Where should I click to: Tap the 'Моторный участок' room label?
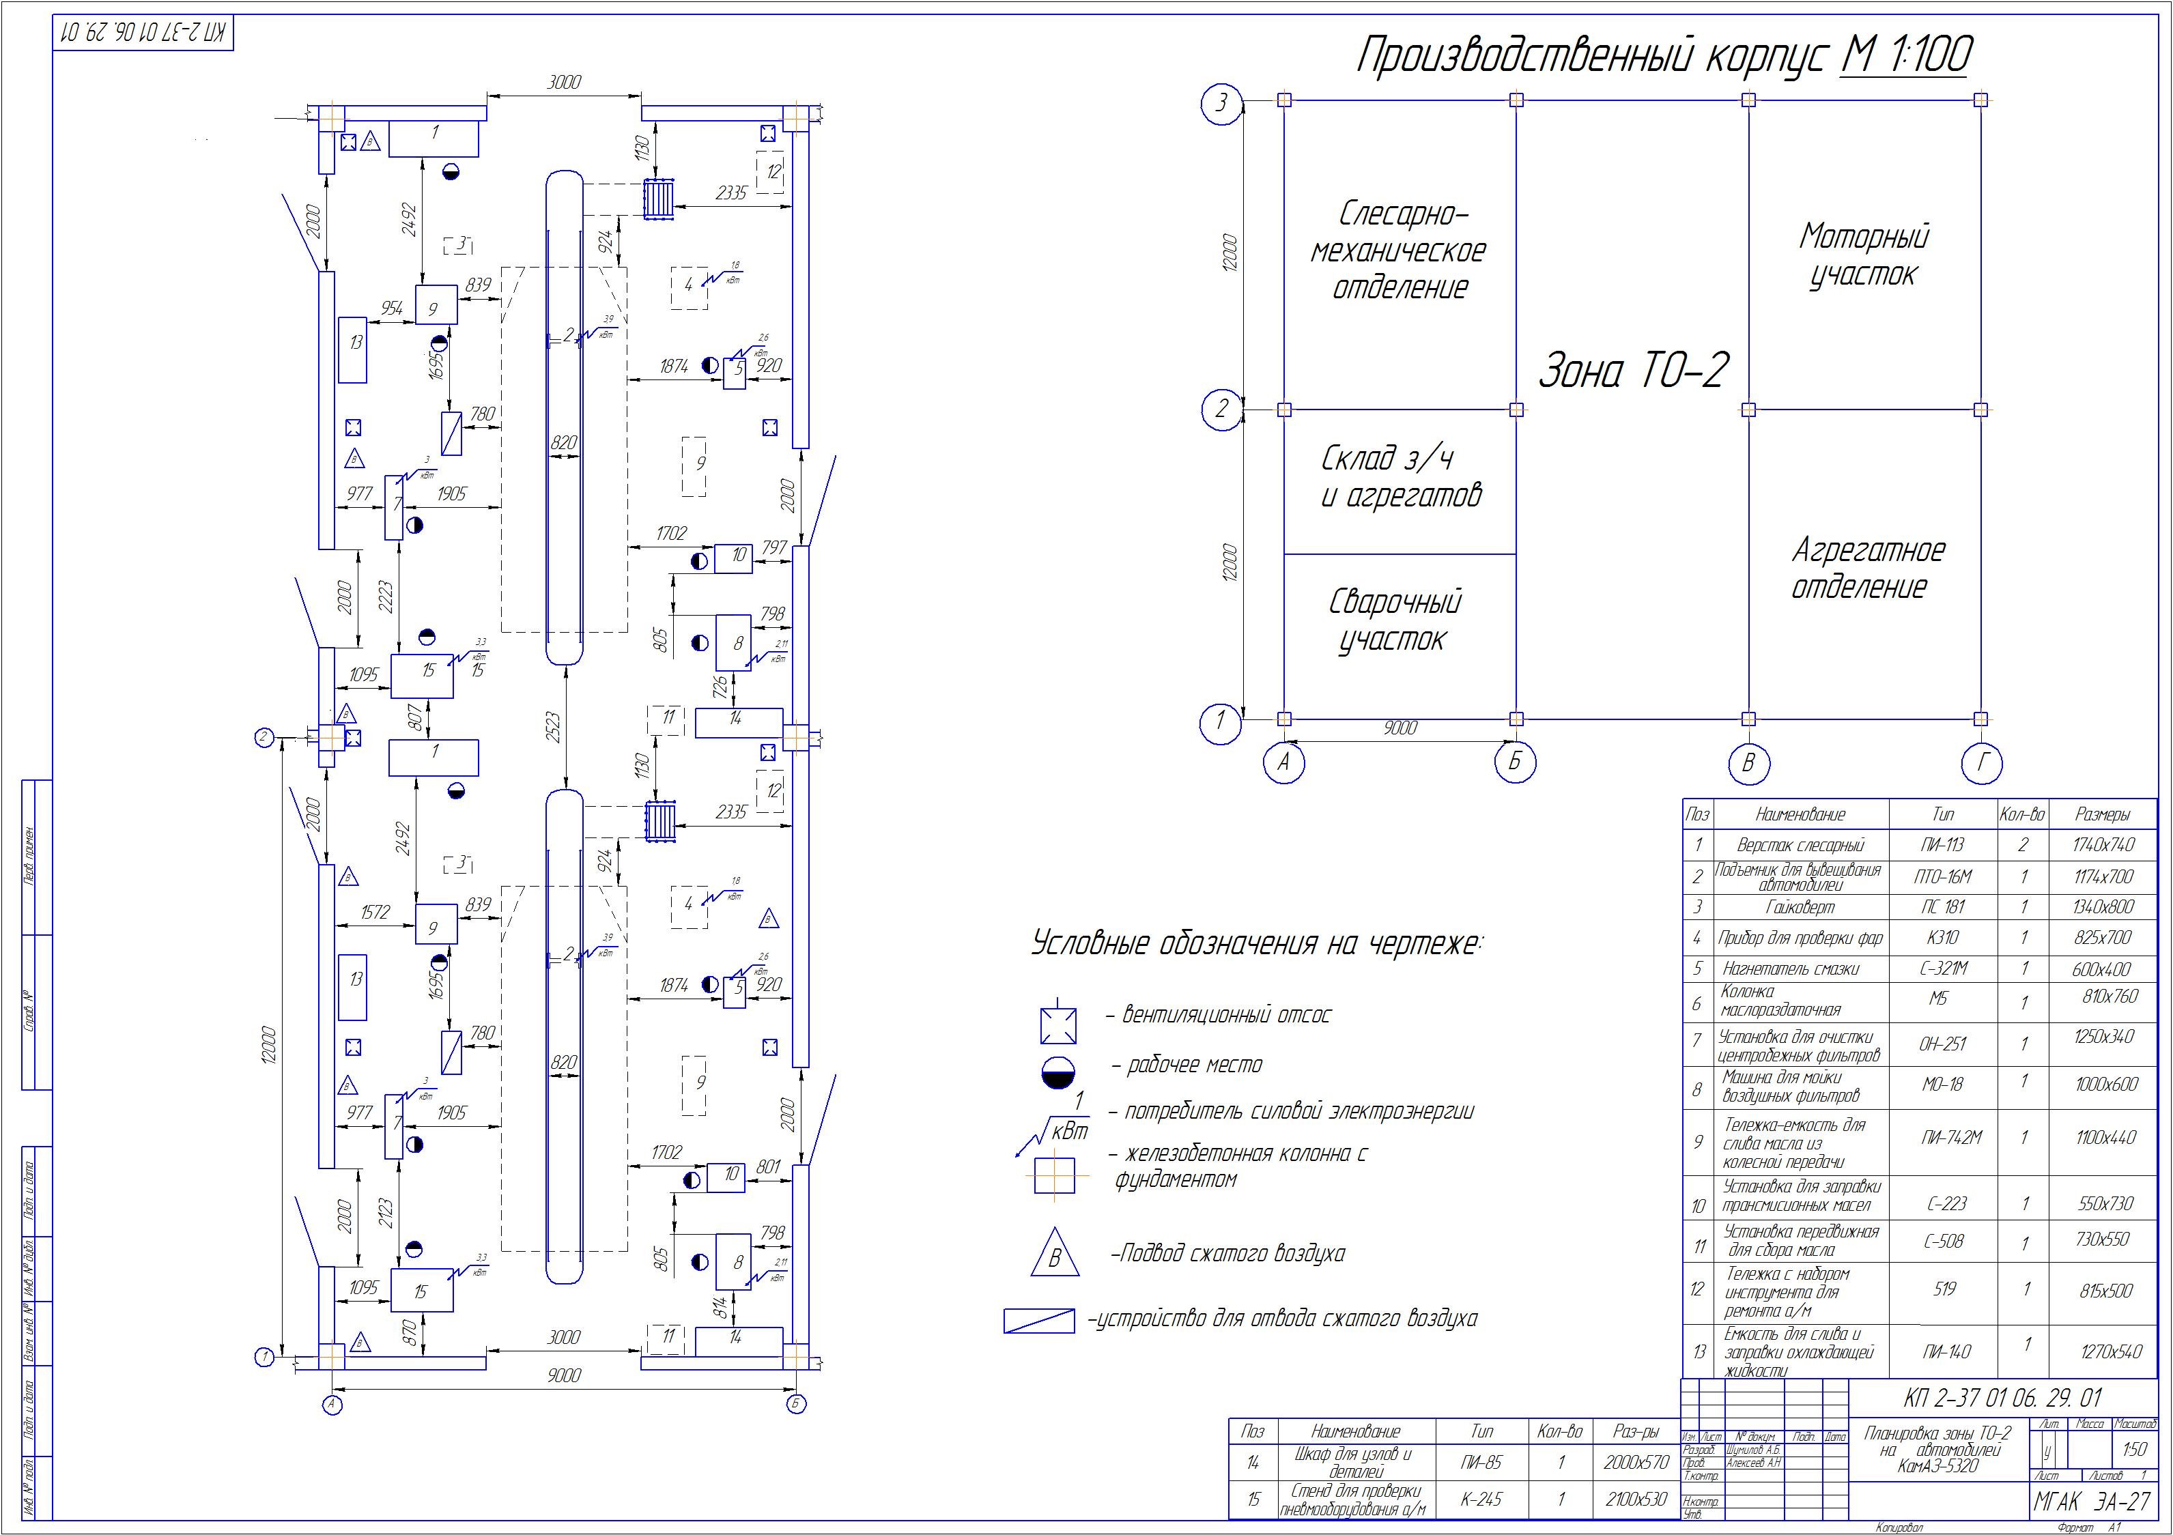(x=1862, y=255)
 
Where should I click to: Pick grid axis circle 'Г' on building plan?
(x=1981, y=763)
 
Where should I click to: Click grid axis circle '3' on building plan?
(x=1221, y=102)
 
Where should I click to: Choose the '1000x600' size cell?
(x=2106, y=1085)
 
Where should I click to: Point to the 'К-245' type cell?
(x=1482, y=1499)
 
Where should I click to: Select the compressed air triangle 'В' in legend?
(x=1054, y=1256)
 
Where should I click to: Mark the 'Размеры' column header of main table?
(x=2102, y=814)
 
